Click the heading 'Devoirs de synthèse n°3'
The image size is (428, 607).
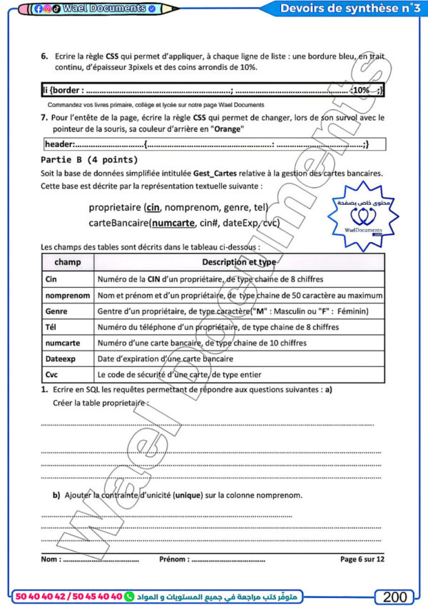coord(350,9)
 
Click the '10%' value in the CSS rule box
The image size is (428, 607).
coord(362,91)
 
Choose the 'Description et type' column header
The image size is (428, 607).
coord(239,262)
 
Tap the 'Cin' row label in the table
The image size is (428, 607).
coord(51,279)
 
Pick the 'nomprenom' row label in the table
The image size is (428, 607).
coord(67,295)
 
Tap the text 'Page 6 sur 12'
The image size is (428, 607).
coord(362,558)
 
